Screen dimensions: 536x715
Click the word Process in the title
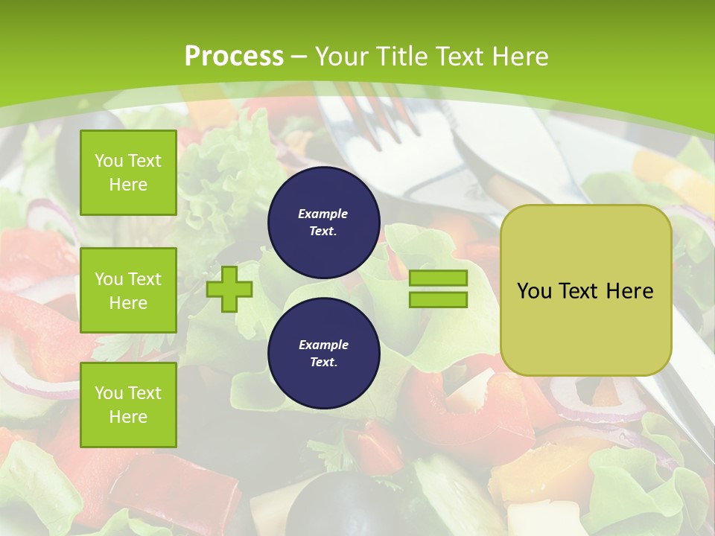(234, 57)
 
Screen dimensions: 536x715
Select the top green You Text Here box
(128, 173)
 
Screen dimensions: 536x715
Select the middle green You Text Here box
(128, 290)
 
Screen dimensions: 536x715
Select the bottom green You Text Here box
(128, 405)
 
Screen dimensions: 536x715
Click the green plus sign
(229, 289)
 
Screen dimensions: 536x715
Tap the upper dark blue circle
(323, 223)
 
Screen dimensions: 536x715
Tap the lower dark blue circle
(323, 354)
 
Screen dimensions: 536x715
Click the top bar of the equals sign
(438, 278)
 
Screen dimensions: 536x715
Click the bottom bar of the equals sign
(438, 300)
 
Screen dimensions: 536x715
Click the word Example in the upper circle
(323, 214)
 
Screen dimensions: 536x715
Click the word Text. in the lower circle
(323, 363)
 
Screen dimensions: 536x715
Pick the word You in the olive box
(534, 291)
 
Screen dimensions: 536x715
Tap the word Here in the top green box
(128, 185)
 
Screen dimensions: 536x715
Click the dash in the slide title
(299, 57)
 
